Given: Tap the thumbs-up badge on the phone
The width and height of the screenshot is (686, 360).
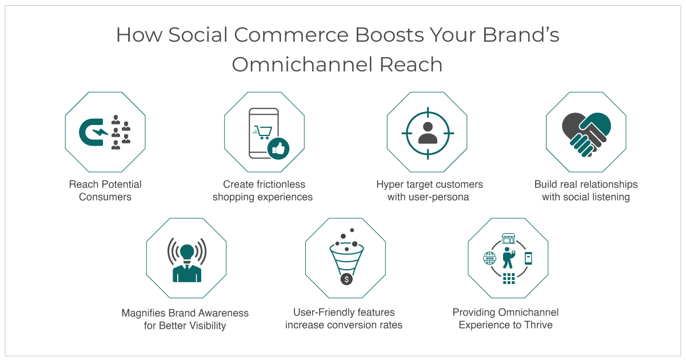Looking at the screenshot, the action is (278, 149).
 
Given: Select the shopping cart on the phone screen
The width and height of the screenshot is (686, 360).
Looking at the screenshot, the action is (262, 132).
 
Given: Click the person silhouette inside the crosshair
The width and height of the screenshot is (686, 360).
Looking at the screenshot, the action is (428, 133).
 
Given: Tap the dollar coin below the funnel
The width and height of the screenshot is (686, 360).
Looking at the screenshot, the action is (346, 279).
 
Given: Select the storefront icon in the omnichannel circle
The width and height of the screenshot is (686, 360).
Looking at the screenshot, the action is (508, 239).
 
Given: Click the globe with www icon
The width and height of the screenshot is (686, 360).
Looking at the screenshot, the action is (490, 258).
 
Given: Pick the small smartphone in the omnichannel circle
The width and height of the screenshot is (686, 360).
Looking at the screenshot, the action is (528, 258).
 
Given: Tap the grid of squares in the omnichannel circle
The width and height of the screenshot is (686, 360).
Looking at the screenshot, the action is (509, 279).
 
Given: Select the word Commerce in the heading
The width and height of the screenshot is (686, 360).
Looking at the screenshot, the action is (291, 35).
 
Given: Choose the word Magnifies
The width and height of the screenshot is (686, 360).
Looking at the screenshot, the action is (143, 313).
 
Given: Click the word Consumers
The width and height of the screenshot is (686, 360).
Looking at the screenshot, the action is (105, 197).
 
